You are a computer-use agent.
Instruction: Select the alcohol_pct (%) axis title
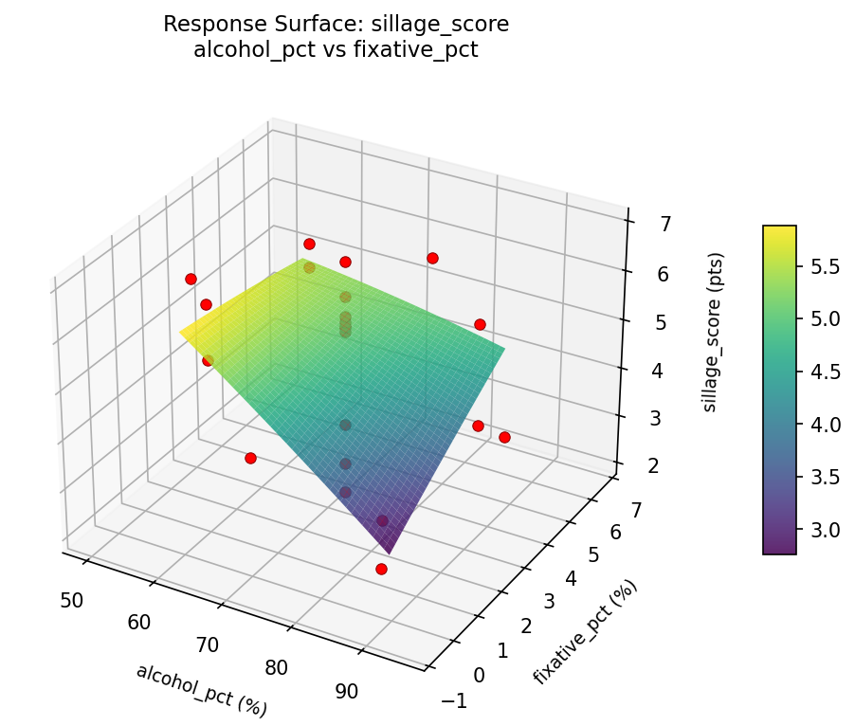201,689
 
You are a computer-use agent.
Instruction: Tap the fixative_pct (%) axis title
585,631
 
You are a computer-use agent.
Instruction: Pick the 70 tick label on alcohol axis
208,645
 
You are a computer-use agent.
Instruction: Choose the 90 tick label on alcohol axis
347,691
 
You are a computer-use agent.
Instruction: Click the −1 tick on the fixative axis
455,699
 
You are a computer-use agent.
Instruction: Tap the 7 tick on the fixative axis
636,511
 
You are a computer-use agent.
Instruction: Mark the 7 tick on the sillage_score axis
665,225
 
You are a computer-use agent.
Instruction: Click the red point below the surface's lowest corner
381,569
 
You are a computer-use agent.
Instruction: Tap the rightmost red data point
504,437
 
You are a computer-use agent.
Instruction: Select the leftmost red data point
191,279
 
